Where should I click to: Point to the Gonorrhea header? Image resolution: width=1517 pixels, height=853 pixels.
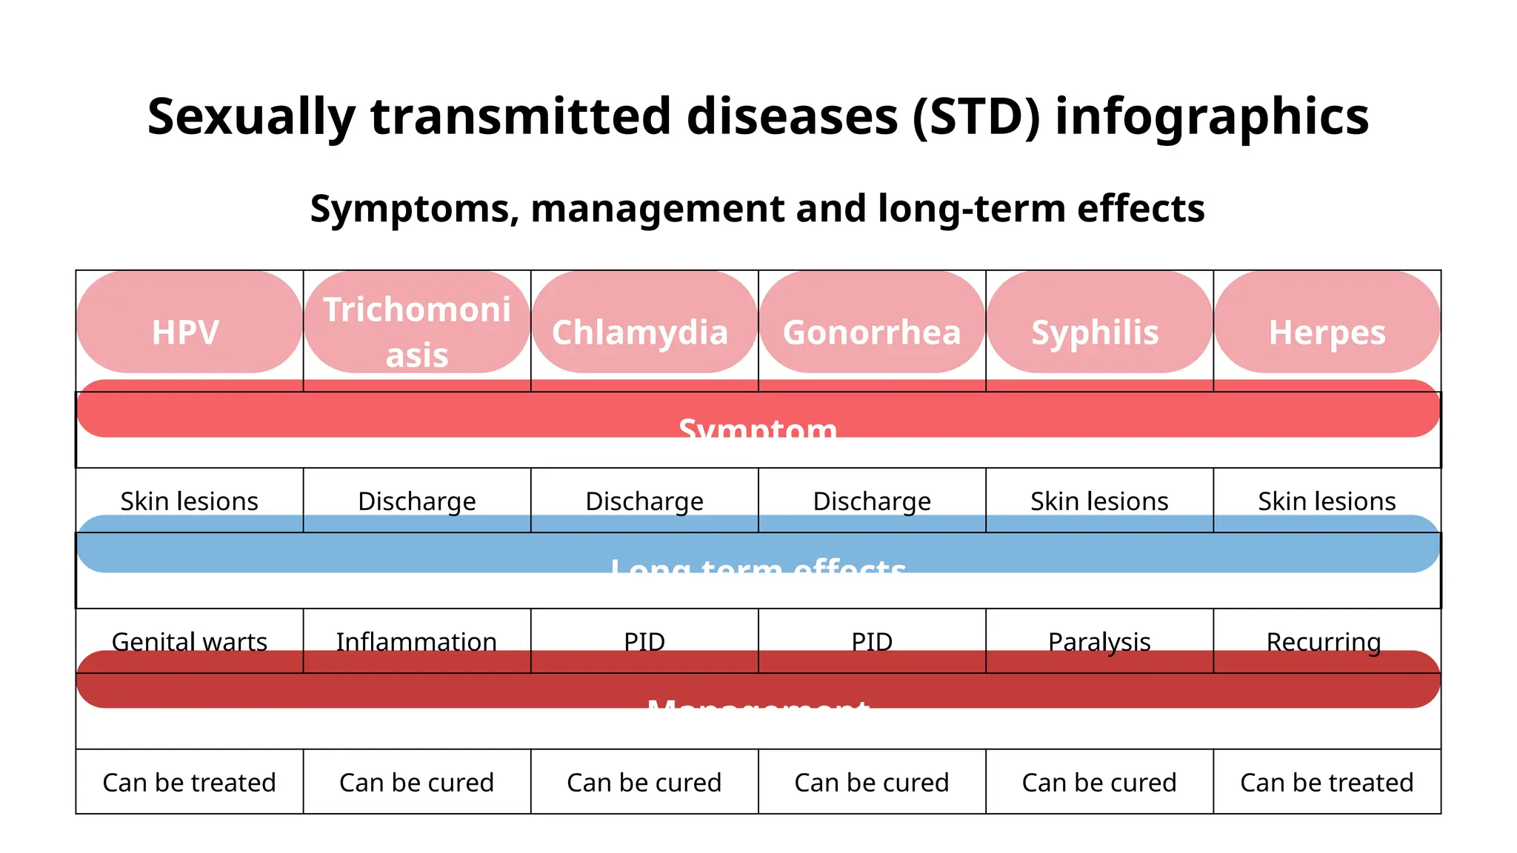click(x=872, y=332)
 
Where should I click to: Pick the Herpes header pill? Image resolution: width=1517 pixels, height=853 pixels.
click(x=1327, y=332)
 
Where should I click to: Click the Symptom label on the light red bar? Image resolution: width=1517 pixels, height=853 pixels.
click(x=758, y=427)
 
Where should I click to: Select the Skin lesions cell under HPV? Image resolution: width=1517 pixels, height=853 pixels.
click(x=189, y=501)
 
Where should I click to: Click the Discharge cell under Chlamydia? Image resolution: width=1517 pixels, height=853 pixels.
click(x=644, y=501)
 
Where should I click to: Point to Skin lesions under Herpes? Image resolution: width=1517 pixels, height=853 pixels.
click(x=1327, y=501)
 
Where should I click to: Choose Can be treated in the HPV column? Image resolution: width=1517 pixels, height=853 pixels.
click(x=189, y=782)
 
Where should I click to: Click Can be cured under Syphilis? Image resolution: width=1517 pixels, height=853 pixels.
click(x=1098, y=782)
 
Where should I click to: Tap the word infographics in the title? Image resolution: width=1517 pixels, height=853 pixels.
click(x=1211, y=117)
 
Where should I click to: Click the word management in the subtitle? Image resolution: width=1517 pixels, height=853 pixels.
click(x=656, y=208)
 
